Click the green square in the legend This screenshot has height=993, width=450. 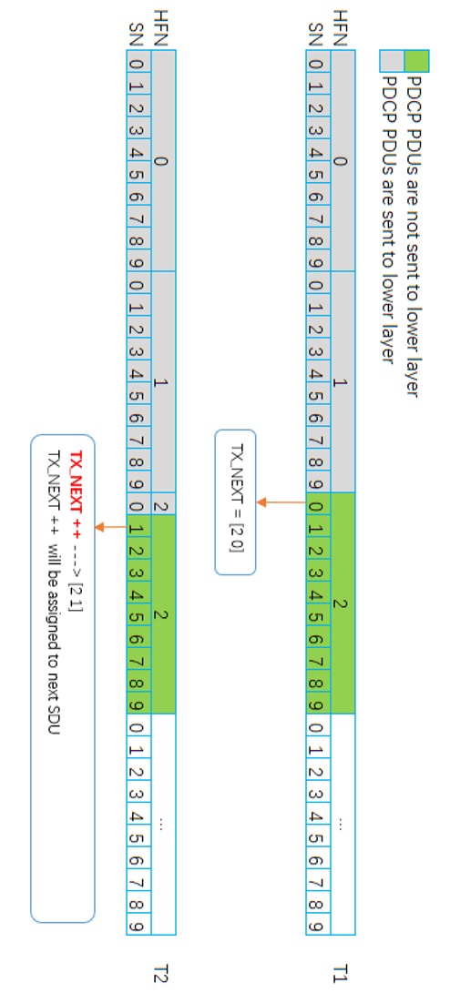[x=415, y=61]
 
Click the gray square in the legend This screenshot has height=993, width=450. [x=391, y=61]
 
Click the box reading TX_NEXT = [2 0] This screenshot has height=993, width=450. [x=236, y=502]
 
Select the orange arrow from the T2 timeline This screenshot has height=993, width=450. [x=112, y=527]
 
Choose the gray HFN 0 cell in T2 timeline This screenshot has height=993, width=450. [x=162, y=161]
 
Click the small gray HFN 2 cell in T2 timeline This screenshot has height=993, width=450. [x=162, y=505]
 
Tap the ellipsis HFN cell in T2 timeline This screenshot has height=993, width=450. [x=162, y=822]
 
